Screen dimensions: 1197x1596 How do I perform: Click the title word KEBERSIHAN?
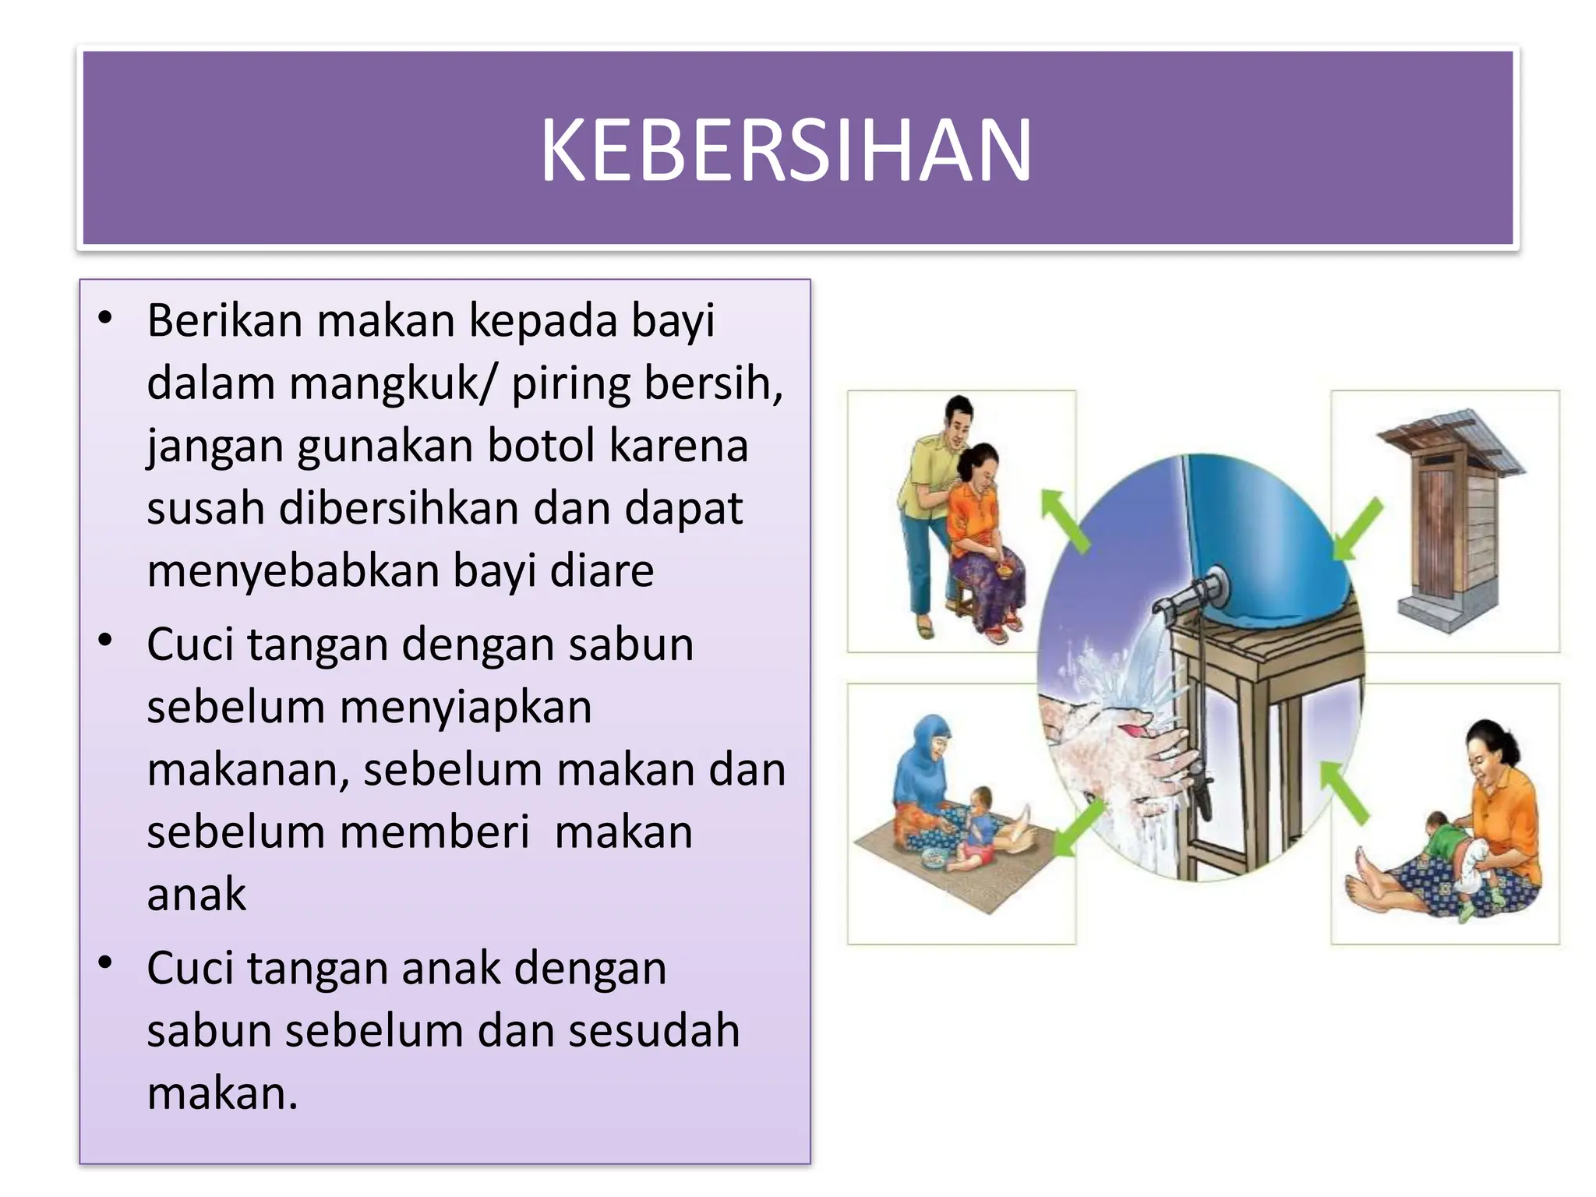[786, 150]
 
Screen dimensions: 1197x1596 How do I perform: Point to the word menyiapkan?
[465, 708]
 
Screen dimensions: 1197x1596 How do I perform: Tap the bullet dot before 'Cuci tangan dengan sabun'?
[106, 641]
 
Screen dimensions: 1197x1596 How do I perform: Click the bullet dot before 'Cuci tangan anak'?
[106, 964]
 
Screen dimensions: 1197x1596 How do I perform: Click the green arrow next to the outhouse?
[1358, 530]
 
